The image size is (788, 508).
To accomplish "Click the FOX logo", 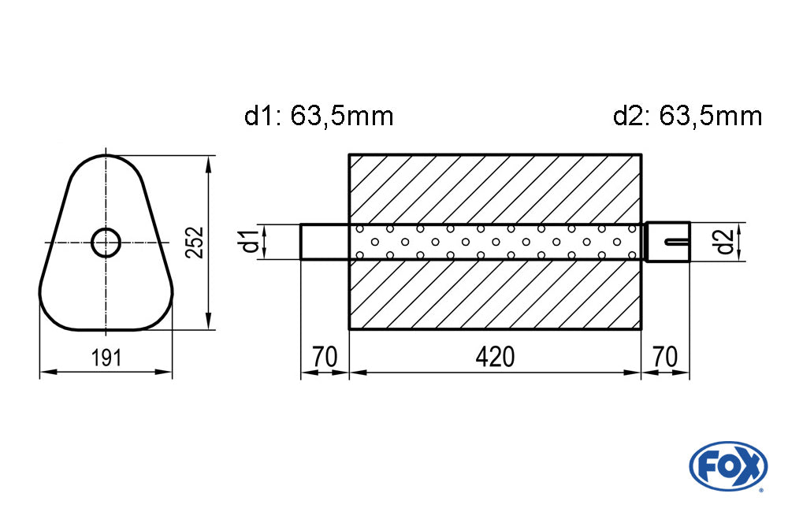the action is coord(728,465).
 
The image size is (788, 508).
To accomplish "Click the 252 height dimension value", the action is coord(195,243).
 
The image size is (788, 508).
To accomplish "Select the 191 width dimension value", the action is coord(106,358).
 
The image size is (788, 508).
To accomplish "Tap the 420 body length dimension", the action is coord(495,357).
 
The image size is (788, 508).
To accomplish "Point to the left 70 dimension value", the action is coord(324,357).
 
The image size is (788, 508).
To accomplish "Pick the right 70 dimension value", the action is coord(665,357).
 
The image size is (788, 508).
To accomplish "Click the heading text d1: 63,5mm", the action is coord(318,117).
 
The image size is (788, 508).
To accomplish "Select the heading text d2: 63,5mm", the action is coord(687,117).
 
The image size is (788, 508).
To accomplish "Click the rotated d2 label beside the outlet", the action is coord(725,242).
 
